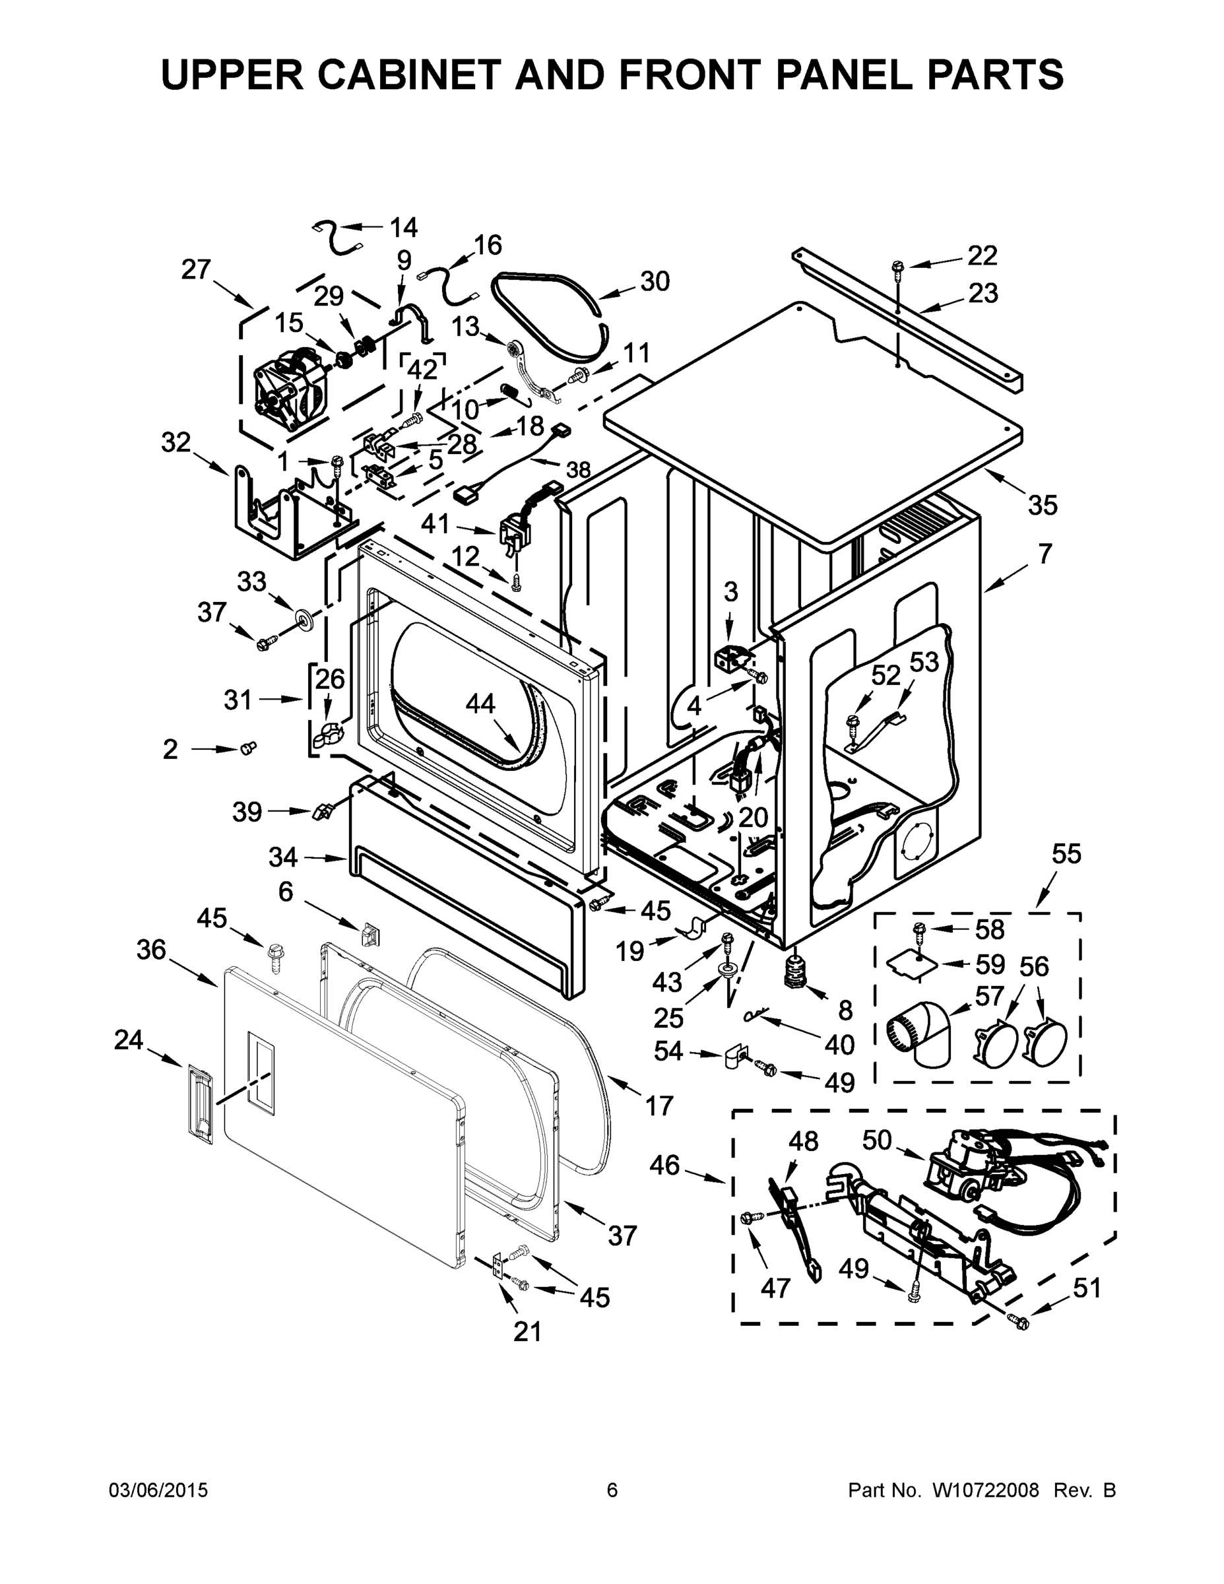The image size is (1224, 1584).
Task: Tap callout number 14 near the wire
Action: (403, 227)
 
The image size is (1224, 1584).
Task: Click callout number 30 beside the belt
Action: (654, 281)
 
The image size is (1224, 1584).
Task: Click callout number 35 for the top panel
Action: (1043, 505)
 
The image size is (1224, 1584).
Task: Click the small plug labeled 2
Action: (248, 747)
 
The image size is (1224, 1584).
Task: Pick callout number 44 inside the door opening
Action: (480, 704)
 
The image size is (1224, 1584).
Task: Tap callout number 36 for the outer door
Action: (151, 949)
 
